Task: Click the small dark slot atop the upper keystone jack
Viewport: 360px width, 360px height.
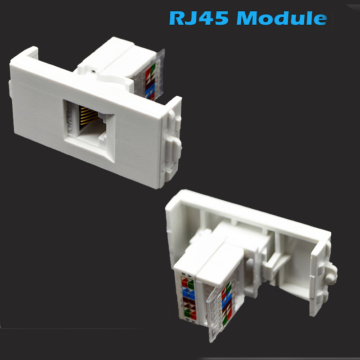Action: point(93,71)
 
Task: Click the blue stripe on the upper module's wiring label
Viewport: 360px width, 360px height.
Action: point(150,88)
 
